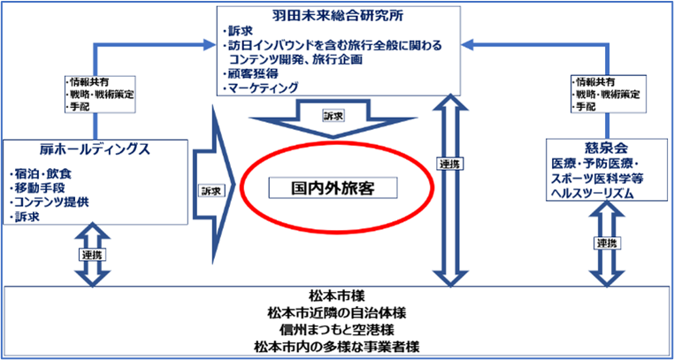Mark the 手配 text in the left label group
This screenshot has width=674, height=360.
point(78,107)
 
